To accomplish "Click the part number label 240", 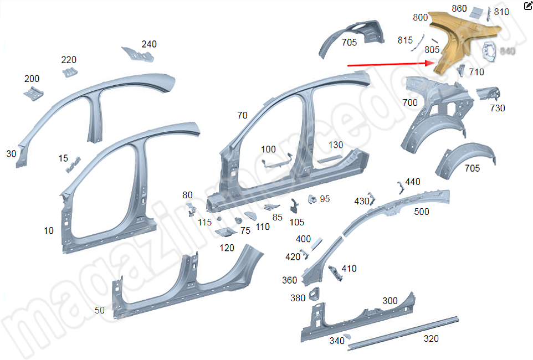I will click(149, 44).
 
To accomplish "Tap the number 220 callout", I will click(69, 60).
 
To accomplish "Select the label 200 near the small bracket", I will click(32, 79).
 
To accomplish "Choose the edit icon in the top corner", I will click(527, 6).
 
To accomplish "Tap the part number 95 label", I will click(325, 198).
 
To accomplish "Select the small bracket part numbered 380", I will click(314, 294).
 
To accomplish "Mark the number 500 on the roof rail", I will click(422, 212).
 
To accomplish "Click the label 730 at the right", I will click(498, 108).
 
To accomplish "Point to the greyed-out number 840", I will click(508, 51).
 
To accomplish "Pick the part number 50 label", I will click(99, 310).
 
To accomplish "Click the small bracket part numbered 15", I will click(74, 164).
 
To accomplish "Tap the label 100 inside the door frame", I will click(268, 149).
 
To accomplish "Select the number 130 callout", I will click(336, 145).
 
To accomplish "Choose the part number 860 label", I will click(459, 8).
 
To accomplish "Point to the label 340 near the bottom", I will click(337, 341).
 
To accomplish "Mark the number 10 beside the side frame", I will click(49, 230).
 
